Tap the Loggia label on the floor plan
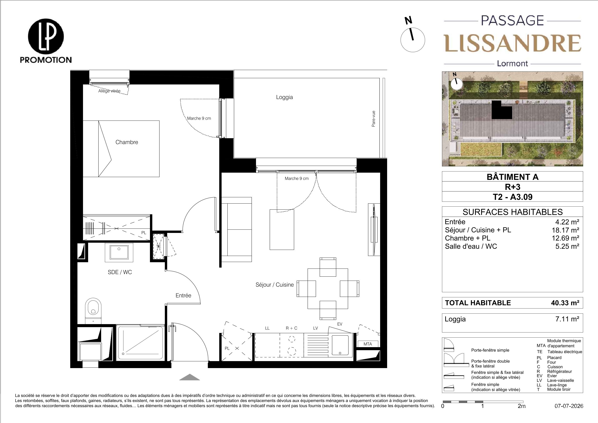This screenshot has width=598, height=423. point(284,97)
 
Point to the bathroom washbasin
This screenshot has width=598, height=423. point(119,252)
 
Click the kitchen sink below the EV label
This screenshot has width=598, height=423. point(340,345)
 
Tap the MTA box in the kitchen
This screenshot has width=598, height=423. point(368,344)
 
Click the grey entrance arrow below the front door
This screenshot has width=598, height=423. point(190,377)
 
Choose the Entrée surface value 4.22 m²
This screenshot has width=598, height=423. point(567,222)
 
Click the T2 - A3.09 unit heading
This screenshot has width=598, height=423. point(512,197)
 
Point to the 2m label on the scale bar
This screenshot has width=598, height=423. point(522,406)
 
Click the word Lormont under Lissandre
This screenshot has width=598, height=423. point(512,64)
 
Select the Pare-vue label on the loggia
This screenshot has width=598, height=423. point(373,119)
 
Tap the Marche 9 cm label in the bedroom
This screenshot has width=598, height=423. point(199,118)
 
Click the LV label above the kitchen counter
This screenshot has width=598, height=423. point(316,328)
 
